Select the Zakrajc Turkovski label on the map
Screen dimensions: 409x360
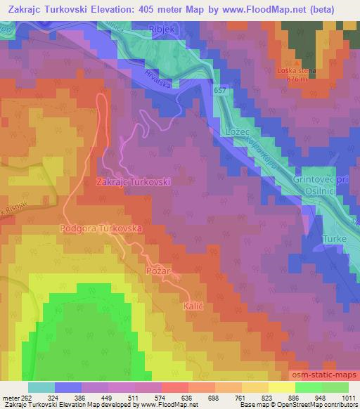[133, 181]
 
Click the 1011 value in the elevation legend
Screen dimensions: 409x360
[347, 398]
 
